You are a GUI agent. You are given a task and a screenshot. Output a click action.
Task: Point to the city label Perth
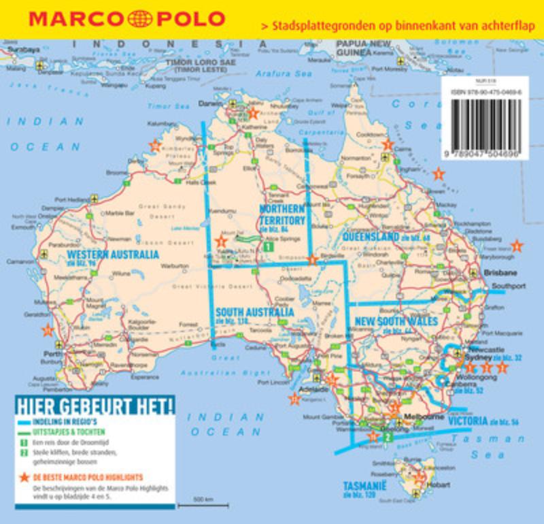click(x=52, y=355)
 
